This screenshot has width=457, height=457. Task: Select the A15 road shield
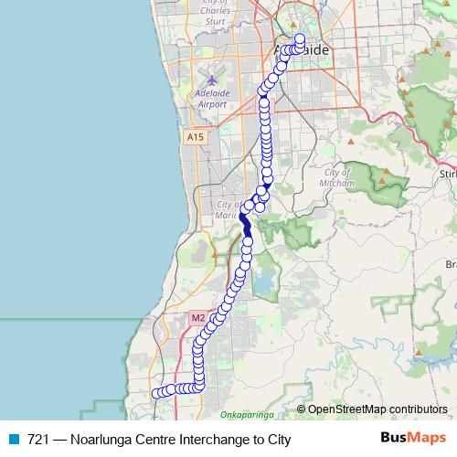coord(193,136)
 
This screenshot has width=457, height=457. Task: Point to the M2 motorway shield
coord(197,317)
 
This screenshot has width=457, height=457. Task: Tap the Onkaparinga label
coord(248,415)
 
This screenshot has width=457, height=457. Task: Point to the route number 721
coord(38,439)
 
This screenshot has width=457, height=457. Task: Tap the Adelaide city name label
coord(302,50)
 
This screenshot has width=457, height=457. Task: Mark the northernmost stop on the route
coord(299,38)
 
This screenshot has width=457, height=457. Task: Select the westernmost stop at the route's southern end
coord(156,393)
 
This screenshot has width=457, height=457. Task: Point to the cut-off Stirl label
coord(447,173)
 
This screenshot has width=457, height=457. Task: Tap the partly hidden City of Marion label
coord(227,210)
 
